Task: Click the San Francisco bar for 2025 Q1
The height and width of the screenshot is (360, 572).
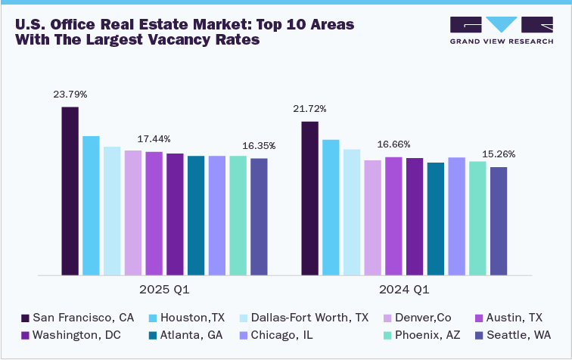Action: pos(70,191)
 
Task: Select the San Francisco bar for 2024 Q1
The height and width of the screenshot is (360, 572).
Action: pos(309,197)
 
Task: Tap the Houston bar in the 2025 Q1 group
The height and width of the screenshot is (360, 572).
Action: pos(91,205)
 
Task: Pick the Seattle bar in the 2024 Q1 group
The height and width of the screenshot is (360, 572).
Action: pos(499,221)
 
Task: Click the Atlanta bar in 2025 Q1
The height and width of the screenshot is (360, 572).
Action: pos(196,215)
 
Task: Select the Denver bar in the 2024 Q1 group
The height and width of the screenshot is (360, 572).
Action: pos(372,217)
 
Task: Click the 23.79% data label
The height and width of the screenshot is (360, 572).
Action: pos(70,95)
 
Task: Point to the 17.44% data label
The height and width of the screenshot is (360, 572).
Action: pos(154,139)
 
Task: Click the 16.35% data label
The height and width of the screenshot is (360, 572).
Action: pos(259,145)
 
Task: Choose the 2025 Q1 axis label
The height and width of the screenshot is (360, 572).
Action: pos(164,290)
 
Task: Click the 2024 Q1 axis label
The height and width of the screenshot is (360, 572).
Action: pos(404,290)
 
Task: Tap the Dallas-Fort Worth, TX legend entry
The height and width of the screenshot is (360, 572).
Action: pos(303,317)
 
